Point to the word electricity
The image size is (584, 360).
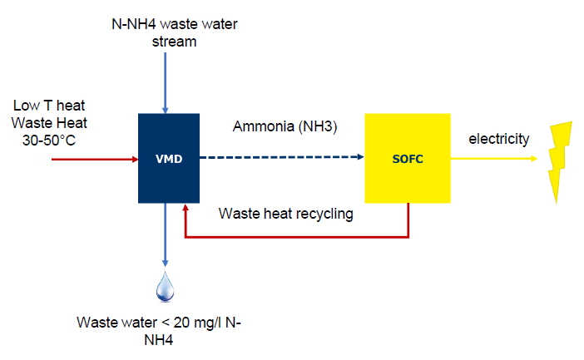(x=498, y=137)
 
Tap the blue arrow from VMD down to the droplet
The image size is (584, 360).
(x=166, y=237)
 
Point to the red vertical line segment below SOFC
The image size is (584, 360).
(x=408, y=221)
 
